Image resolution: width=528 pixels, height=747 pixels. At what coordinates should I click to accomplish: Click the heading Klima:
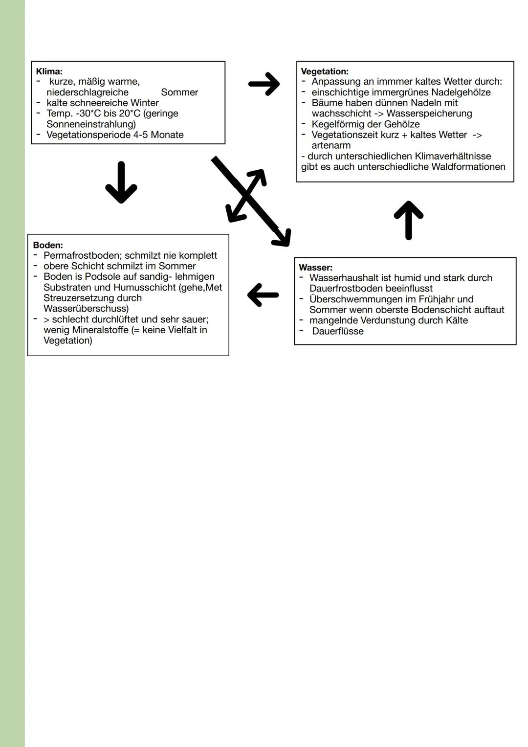(x=49, y=71)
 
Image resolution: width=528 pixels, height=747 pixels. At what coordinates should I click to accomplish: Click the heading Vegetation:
(x=325, y=71)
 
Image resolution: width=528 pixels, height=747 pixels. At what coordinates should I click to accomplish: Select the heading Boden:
(x=48, y=245)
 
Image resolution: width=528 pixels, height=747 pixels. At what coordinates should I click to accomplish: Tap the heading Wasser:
(x=315, y=268)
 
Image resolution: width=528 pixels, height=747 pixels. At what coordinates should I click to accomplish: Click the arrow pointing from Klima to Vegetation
(x=264, y=84)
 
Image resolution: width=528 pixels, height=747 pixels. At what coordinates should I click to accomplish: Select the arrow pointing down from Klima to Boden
(x=121, y=182)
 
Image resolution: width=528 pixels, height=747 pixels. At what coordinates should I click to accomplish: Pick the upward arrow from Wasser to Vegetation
(x=408, y=220)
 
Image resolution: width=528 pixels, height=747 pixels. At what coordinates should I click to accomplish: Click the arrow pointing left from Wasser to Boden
(x=263, y=295)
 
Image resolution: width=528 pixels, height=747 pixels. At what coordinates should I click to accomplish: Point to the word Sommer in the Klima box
(x=179, y=92)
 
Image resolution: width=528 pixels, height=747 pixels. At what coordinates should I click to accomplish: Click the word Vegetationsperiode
(x=88, y=135)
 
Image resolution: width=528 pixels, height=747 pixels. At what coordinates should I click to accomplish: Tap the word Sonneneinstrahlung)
(x=91, y=124)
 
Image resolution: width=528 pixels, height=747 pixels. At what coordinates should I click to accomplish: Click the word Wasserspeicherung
(x=429, y=113)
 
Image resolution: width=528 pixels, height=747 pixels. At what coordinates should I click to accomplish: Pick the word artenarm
(x=331, y=146)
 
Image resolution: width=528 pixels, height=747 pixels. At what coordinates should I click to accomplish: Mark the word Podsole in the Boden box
(x=103, y=277)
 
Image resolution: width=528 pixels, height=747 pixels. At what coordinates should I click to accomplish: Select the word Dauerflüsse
(x=338, y=331)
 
